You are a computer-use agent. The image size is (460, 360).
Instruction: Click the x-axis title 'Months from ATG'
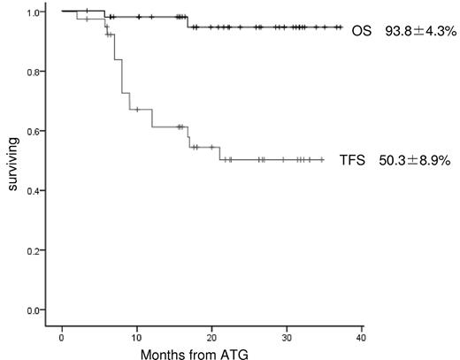[210, 353]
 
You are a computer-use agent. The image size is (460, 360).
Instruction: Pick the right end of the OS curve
[341, 27]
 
